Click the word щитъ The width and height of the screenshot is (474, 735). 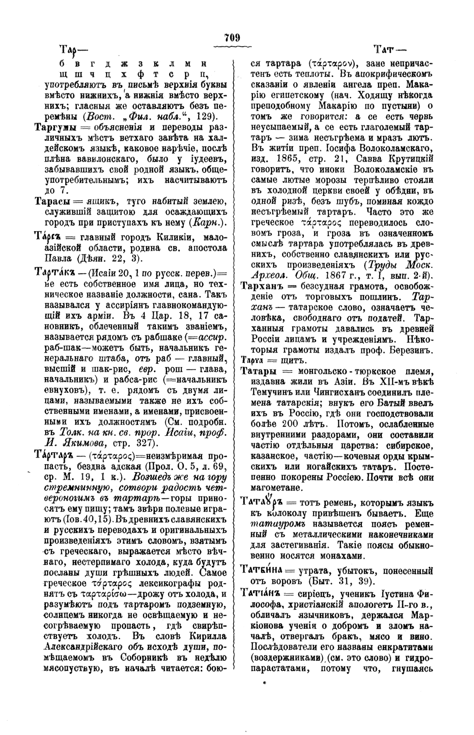coord(286,360)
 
